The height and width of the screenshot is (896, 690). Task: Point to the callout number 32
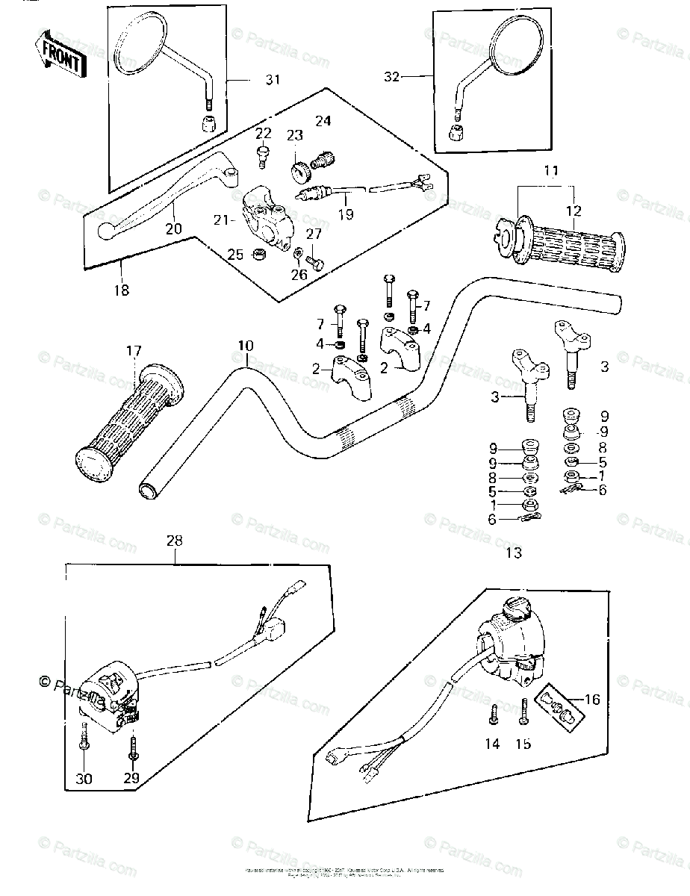tap(393, 76)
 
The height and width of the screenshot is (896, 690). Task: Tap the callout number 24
tap(323, 120)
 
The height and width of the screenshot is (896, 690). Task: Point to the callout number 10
tap(246, 346)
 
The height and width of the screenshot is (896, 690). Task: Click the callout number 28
tap(174, 540)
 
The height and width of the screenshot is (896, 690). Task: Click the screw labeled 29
tap(133, 744)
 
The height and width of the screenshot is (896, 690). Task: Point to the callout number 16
tap(592, 700)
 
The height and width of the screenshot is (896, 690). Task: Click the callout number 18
tap(121, 290)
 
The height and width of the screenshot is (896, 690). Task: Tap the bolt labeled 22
tap(262, 154)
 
